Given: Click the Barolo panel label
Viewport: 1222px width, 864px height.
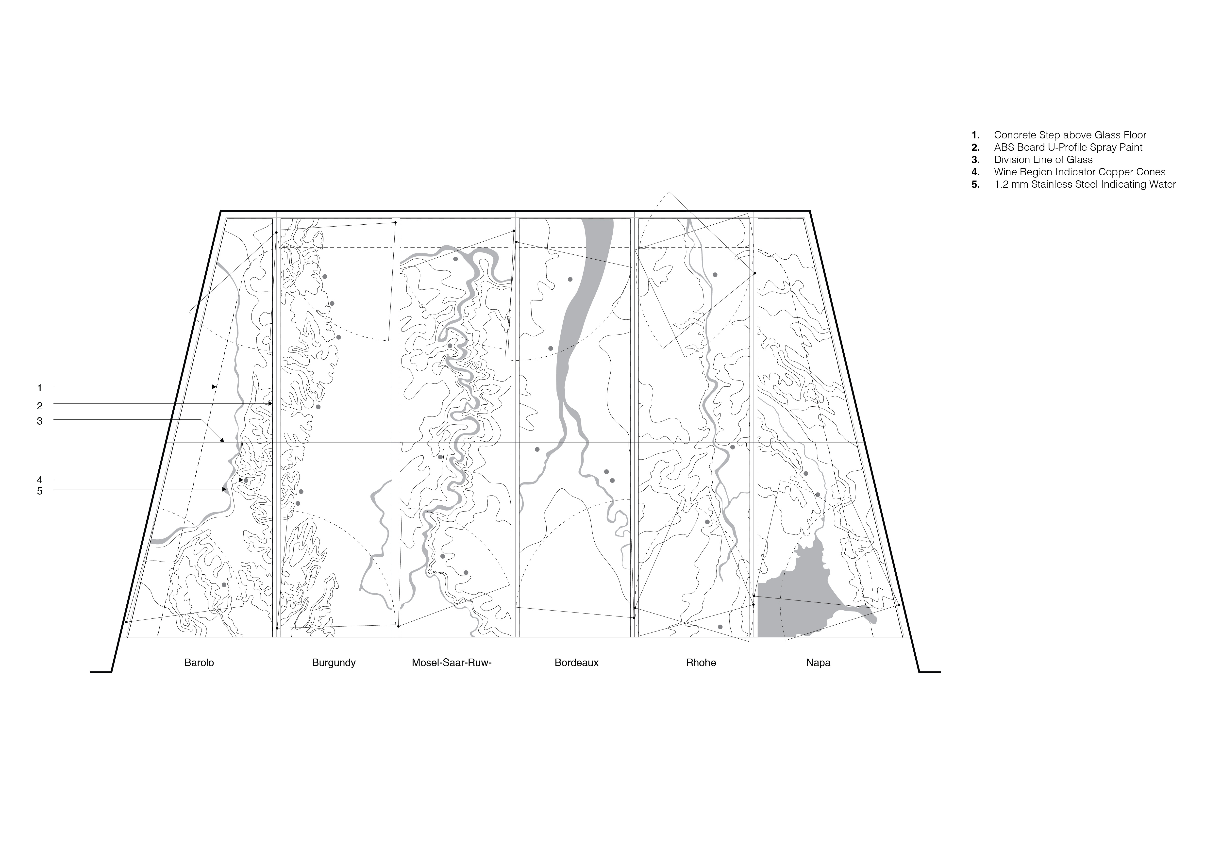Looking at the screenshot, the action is point(199,663).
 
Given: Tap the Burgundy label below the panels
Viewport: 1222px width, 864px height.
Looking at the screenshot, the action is point(334,663).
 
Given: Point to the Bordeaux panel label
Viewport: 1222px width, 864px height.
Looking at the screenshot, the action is point(576,663).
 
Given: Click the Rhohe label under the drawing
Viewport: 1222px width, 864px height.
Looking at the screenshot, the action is point(701,663).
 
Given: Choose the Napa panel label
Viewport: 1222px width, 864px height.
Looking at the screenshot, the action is point(818,663).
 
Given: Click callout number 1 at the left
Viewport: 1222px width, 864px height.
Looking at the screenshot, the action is point(39,388).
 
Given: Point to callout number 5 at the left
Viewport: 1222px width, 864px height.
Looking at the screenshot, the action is point(39,491).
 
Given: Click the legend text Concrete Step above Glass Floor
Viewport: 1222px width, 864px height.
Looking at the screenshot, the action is point(1070,135).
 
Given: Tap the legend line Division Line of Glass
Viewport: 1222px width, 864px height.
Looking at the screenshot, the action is point(1043,160).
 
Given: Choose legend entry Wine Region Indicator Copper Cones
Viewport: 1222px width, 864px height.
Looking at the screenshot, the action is point(1079,172).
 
